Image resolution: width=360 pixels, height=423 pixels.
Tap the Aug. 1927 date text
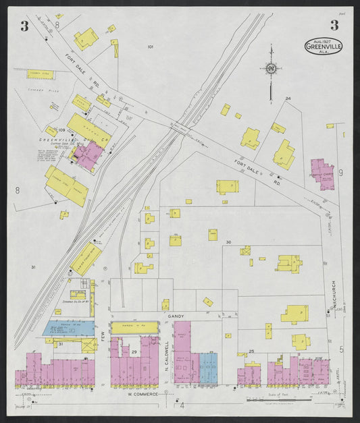322,42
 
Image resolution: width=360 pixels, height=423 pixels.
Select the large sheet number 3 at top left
24,26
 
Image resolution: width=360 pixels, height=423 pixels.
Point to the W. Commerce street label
143,394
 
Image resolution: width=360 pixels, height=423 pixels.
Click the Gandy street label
178,315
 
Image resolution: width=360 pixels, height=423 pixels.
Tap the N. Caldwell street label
167,344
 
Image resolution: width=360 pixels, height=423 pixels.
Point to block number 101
150,47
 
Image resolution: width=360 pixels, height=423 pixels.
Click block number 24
288,99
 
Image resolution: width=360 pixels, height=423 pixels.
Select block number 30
228,242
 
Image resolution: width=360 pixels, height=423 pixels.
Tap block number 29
134,353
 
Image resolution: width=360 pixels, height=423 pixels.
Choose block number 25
251,351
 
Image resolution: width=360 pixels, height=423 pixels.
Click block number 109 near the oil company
61,129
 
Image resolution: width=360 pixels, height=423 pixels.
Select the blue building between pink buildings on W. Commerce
209,368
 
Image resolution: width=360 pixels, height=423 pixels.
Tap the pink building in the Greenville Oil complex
89,154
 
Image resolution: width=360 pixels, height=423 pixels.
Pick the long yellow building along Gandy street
134,327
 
